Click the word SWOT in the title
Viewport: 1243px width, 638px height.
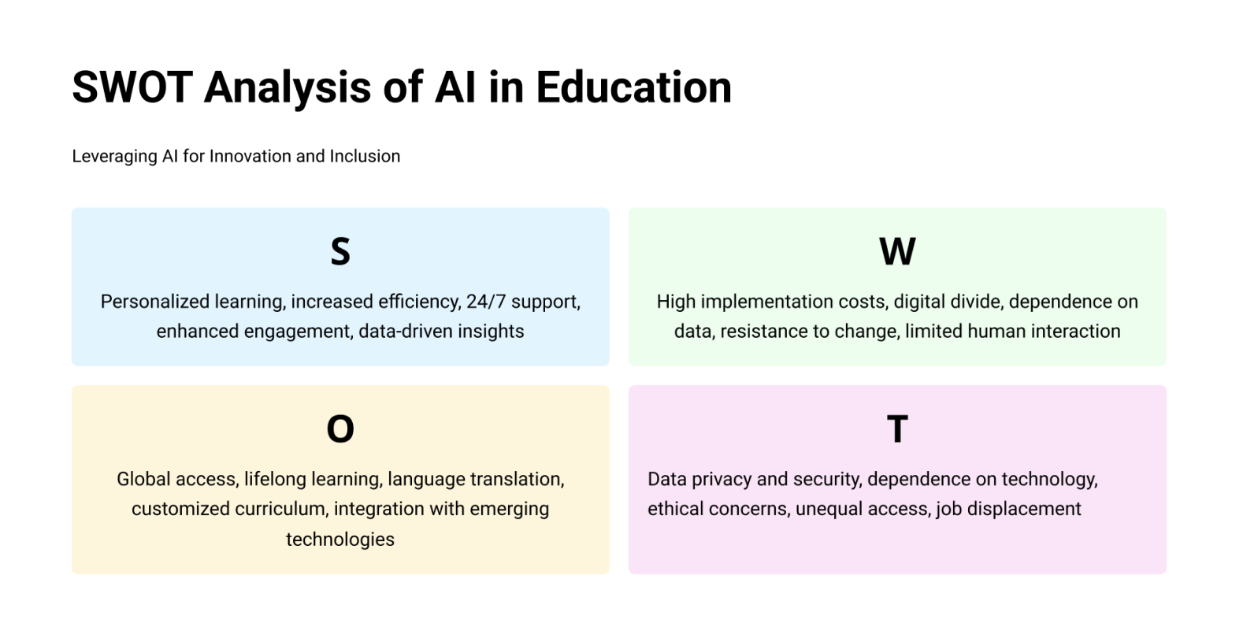pos(132,87)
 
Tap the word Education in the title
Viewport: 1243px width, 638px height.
pos(633,87)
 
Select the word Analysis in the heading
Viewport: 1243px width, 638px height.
pos(288,89)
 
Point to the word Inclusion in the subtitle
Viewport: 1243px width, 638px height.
pos(365,156)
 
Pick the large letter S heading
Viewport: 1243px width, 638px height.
pos(340,251)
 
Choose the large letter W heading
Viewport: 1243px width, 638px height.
pos(897,251)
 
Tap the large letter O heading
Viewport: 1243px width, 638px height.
pos(340,428)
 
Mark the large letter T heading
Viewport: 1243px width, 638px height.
pos(897,428)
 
